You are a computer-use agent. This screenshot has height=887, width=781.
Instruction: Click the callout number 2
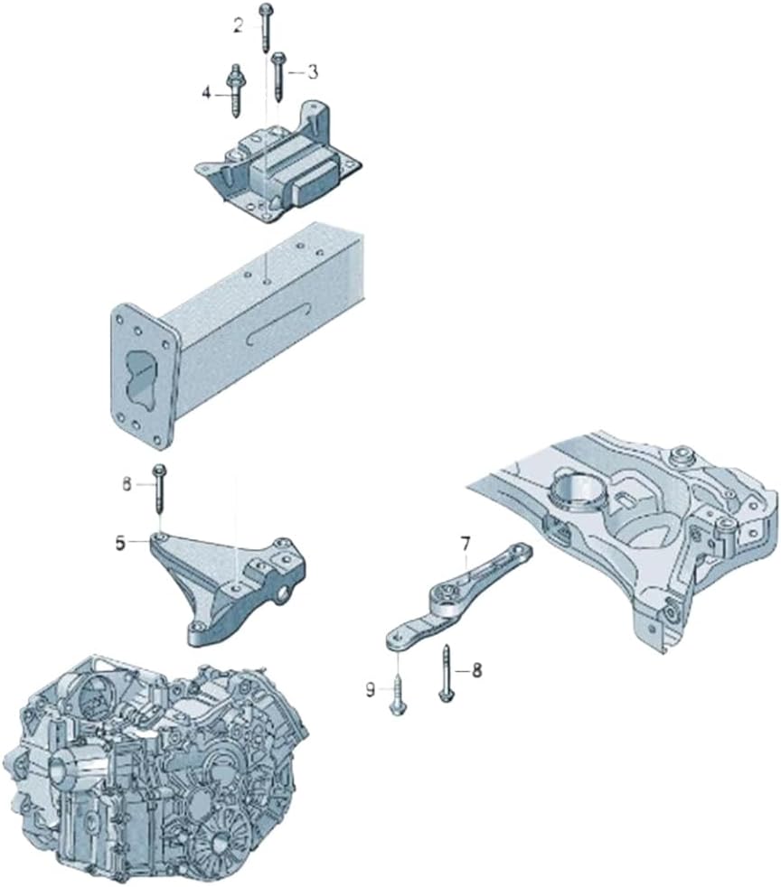pos(239,25)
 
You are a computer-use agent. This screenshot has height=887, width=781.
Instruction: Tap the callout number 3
pos(313,72)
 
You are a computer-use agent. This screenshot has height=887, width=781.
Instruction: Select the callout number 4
pos(207,93)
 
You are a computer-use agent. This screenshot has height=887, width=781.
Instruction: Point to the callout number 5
pos(120,544)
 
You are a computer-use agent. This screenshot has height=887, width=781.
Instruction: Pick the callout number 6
pos(127,484)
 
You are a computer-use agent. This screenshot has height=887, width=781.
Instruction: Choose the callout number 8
pos(476,670)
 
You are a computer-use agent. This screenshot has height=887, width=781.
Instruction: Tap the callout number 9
pos(371,689)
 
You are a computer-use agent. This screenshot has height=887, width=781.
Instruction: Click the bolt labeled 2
pos(266,27)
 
